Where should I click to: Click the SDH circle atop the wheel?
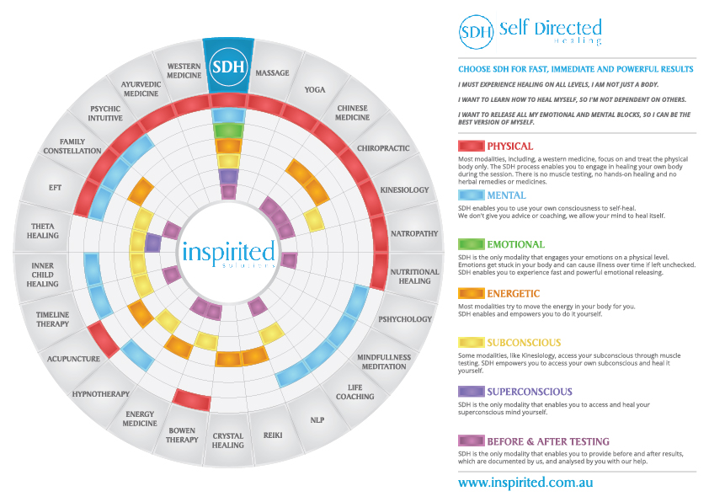point(228,66)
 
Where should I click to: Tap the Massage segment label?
point(272,73)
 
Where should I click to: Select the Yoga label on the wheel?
point(314,89)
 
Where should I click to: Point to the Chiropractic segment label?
point(383,148)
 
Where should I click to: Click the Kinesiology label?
point(404,190)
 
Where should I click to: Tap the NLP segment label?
point(317,419)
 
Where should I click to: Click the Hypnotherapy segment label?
point(100,393)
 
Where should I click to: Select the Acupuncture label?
point(74,359)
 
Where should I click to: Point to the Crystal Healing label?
point(228,441)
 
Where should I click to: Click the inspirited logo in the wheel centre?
point(228,252)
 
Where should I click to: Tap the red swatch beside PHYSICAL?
point(470,147)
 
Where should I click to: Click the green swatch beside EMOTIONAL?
point(470,244)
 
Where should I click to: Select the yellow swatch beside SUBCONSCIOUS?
point(470,342)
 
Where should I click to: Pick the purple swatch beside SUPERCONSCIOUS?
point(470,391)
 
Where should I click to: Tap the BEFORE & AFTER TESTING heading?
point(548,441)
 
